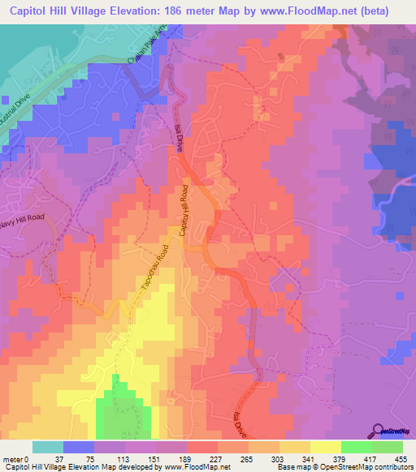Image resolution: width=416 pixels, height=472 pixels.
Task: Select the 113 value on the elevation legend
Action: coord(123,458)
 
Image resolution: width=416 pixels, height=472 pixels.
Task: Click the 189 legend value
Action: coord(184,458)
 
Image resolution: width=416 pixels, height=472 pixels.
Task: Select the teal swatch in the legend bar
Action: coord(48,447)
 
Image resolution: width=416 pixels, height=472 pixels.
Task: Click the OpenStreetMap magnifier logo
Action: coord(379,431)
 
